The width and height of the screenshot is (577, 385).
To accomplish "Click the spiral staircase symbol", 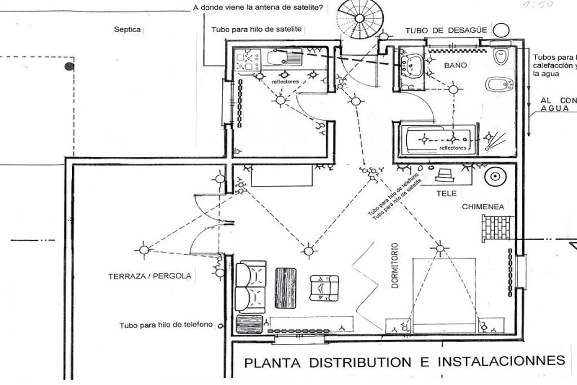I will [x=359, y=18].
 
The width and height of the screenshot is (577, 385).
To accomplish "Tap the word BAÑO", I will [x=456, y=65].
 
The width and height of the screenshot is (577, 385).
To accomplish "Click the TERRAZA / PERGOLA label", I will [x=150, y=276].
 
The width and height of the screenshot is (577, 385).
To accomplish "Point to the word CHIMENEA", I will [x=483, y=207].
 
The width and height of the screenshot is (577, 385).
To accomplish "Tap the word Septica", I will [x=127, y=30].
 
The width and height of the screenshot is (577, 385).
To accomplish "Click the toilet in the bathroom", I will [x=500, y=55].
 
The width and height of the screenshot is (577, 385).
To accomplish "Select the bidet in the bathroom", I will [x=499, y=85].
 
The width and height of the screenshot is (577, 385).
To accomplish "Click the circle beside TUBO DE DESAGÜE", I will [x=501, y=30].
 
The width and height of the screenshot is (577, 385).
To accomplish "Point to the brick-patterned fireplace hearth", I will [x=496, y=228].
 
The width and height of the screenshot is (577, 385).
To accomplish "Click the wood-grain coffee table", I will [x=285, y=287].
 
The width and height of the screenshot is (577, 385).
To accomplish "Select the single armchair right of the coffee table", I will [x=324, y=287].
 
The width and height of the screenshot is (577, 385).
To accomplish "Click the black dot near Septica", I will [x=69, y=67].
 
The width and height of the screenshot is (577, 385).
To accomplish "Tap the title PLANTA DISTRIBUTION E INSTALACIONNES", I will [x=404, y=361].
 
